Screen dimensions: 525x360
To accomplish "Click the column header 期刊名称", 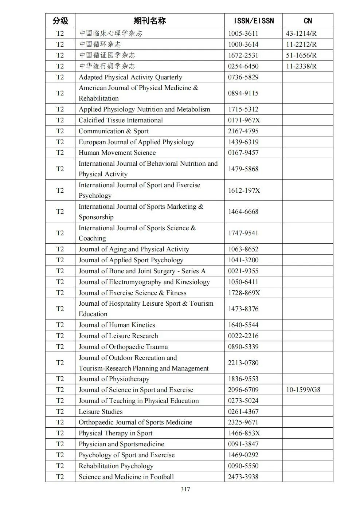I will [149, 21].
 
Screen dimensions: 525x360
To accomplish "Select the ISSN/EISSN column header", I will [253, 21].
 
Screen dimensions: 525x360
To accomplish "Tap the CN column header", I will [308, 21].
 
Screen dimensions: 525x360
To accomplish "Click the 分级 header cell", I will [60, 21].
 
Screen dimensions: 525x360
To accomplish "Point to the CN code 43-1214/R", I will [301, 34].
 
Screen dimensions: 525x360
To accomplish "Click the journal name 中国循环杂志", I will [100, 44].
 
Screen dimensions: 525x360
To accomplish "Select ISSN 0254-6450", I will [243, 66].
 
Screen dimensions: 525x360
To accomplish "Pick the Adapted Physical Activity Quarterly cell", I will [130, 77].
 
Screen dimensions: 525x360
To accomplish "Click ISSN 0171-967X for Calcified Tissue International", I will [244, 120].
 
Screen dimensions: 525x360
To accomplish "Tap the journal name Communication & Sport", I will [114, 131].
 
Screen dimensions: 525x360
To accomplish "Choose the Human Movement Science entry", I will [117, 153].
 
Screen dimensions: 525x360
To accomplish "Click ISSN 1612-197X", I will [244, 191].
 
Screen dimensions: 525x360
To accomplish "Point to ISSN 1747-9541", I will [243, 233].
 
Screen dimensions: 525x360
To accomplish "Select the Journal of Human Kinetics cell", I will [117, 325].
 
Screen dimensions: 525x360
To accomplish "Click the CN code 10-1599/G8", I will [303, 390].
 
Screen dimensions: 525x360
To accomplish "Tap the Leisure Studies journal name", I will [101, 412].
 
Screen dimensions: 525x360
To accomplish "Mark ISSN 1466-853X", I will [244, 433].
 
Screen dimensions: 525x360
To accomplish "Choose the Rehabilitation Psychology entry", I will [116, 466].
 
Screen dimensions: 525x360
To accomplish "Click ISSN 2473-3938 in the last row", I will [243, 477].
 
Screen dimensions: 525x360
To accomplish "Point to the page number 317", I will [185, 489].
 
